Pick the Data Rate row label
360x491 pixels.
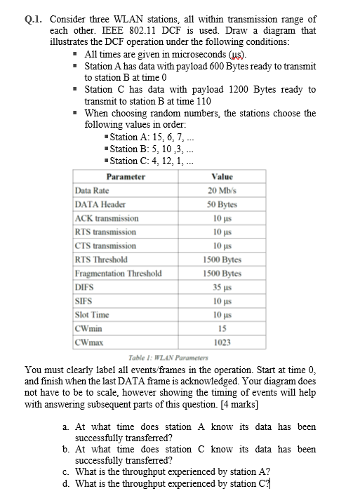click(x=91, y=191)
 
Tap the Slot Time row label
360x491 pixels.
click(x=91, y=314)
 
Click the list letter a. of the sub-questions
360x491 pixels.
click(x=65, y=426)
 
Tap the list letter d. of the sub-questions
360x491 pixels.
click(x=65, y=483)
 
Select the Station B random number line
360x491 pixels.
click(x=148, y=149)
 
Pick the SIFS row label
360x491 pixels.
click(x=84, y=300)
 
